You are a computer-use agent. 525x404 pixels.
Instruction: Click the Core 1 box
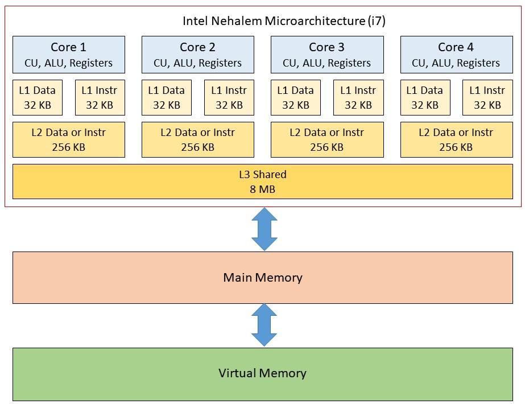click(69, 55)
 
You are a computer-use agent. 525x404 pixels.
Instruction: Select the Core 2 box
click(197, 55)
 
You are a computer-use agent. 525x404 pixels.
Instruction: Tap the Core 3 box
click(327, 55)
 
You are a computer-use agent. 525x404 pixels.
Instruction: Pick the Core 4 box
click(456, 55)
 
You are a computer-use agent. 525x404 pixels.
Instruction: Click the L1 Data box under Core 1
click(38, 97)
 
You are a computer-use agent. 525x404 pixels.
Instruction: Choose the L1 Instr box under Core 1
click(100, 97)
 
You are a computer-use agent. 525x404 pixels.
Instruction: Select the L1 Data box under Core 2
click(167, 97)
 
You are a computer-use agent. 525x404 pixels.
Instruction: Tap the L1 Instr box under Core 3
click(358, 97)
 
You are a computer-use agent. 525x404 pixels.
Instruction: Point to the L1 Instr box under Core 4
click(487, 97)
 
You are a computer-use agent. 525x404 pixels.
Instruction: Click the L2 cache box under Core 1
click(69, 139)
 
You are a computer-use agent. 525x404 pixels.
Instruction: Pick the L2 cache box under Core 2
click(197, 139)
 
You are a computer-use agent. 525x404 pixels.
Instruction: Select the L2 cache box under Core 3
click(327, 139)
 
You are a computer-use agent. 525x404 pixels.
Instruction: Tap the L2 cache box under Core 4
click(456, 139)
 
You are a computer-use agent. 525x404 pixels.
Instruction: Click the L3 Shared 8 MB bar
click(262, 182)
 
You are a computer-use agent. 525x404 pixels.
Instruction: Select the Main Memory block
click(262, 278)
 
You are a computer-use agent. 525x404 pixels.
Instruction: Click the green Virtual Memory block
click(262, 373)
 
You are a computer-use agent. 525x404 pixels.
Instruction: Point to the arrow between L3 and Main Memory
click(264, 229)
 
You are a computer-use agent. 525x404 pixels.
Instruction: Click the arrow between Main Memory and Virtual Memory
click(264, 325)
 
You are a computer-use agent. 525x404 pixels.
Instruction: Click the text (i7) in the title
click(375, 21)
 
